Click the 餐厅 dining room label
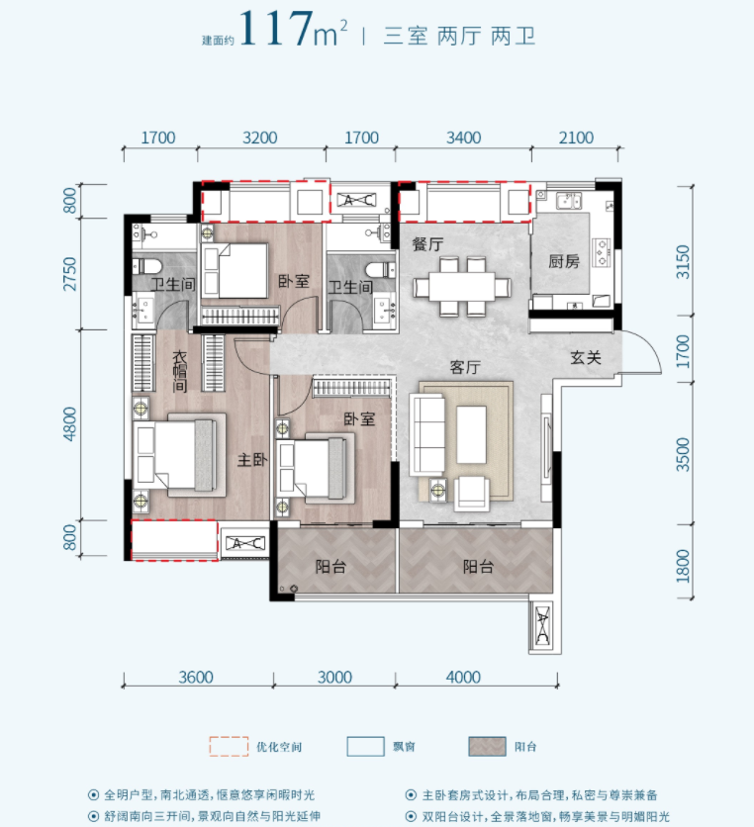pos(427,244)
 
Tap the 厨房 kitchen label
pos(564,261)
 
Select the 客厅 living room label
pos(465,367)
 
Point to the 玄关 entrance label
pos(586,357)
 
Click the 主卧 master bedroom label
pos(252,460)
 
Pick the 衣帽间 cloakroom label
pos(180,372)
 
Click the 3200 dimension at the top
pos(259,138)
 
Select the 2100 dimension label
pos(576,138)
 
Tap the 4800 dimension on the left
pos(69,424)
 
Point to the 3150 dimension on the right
pos(683,262)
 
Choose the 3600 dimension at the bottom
pos(196,678)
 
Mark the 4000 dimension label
pos(463,678)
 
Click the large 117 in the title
pos(275,29)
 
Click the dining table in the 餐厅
pos(462,287)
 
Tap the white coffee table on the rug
pos(471,434)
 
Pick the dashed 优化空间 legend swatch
pos(229,746)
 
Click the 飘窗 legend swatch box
pos(365,746)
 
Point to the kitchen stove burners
pos(602,252)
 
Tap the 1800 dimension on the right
pos(683,566)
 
